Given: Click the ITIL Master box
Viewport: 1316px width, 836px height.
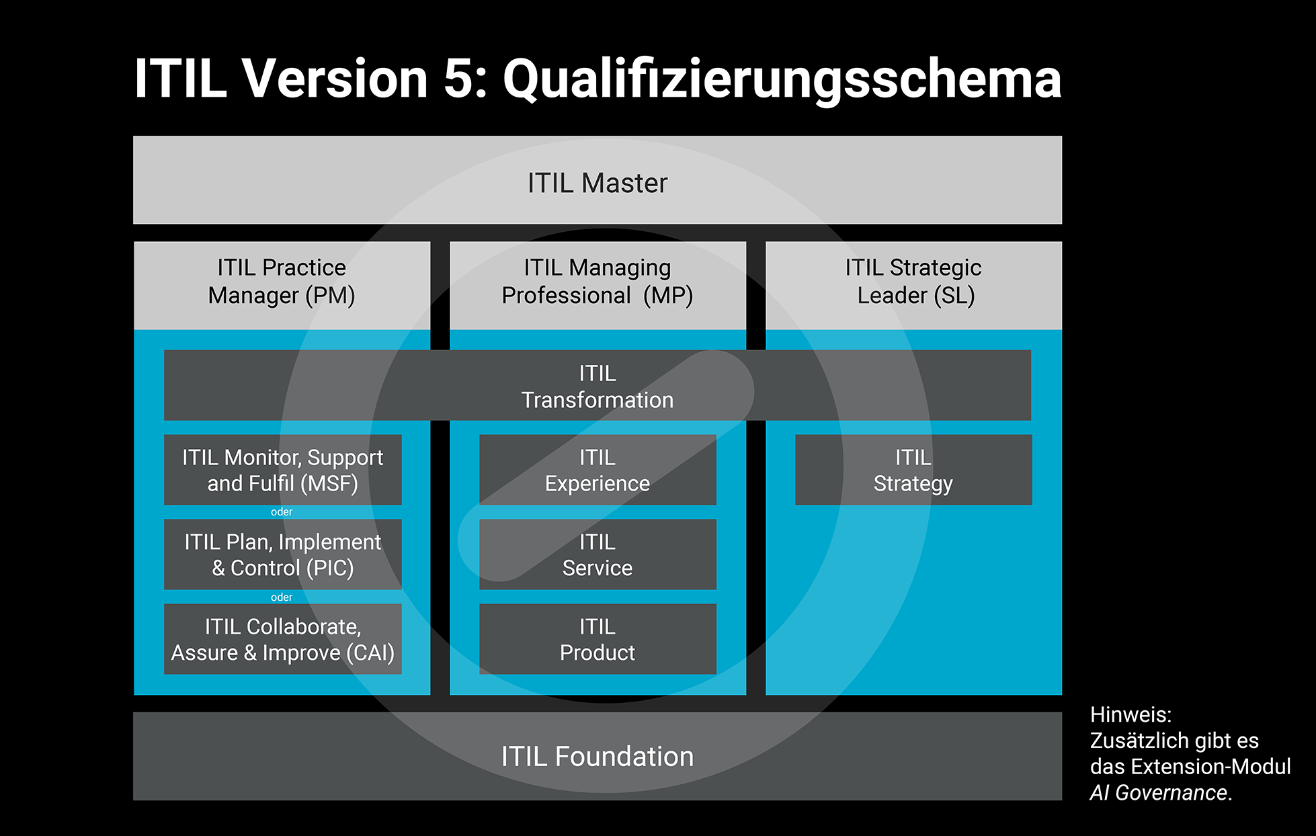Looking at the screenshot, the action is (598, 180).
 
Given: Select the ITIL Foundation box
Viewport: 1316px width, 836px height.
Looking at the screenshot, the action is (598, 756).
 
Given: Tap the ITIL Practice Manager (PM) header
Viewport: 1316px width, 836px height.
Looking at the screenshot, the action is (282, 285).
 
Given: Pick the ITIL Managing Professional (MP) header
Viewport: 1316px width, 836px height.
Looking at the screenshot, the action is (598, 285).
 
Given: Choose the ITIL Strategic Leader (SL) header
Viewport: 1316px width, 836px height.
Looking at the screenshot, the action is (913, 285).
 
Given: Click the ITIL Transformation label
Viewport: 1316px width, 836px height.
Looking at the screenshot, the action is (598, 386).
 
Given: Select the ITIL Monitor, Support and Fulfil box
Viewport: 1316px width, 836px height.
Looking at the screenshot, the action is (283, 470).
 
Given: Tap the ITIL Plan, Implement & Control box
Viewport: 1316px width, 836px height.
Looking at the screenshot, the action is (283, 554).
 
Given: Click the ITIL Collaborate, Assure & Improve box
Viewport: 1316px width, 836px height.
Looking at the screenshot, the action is (283, 639).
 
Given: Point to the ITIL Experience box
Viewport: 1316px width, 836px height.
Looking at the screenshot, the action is (598, 470).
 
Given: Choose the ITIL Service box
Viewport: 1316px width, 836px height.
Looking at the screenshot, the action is (598, 554).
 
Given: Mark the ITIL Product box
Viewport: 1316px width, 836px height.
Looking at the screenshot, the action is (598, 639).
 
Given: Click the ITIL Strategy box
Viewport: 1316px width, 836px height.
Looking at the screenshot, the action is (913, 470).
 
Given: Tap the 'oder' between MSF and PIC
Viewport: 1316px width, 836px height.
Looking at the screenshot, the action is (282, 512).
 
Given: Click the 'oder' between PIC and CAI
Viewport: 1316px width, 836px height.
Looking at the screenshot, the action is (282, 597).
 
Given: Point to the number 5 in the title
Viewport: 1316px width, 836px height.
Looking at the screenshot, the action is (459, 79).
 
